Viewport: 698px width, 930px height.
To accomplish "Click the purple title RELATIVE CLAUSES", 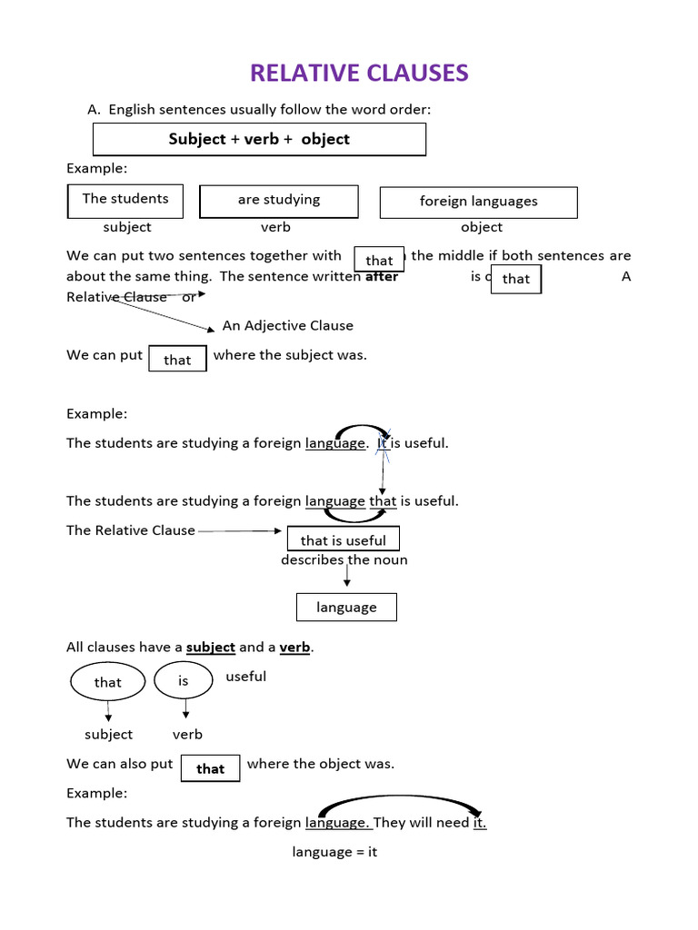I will coord(359,73).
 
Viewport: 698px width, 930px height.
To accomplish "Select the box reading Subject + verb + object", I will coord(259,139).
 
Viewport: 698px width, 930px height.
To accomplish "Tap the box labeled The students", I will coord(125,200).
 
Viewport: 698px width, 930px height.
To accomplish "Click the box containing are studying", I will coord(279,201).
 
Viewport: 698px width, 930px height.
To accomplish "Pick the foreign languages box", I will coord(478,202).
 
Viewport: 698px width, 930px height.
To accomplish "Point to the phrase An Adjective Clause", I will coord(287,325).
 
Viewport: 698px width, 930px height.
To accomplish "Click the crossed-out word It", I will coord(384,443).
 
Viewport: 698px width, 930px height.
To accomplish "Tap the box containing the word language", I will coord(346,607).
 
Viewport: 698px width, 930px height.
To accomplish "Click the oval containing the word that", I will coord(107,682).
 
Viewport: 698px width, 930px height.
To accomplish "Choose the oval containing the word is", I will coord(184,680).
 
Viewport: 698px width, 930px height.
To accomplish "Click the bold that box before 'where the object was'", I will coord(210,768).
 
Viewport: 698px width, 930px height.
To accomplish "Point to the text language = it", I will coord(334,852).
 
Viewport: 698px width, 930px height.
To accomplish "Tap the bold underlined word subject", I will coord(211,648).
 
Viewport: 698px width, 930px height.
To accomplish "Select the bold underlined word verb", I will coord(294,648).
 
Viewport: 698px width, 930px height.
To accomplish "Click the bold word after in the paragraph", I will coord(382,277).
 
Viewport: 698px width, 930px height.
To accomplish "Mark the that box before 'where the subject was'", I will coord(177,360).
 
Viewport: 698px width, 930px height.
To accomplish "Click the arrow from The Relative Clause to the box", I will coord(240,530).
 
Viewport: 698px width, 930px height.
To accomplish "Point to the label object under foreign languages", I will coord(482,227).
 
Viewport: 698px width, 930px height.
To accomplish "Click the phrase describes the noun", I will coord(344,560).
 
